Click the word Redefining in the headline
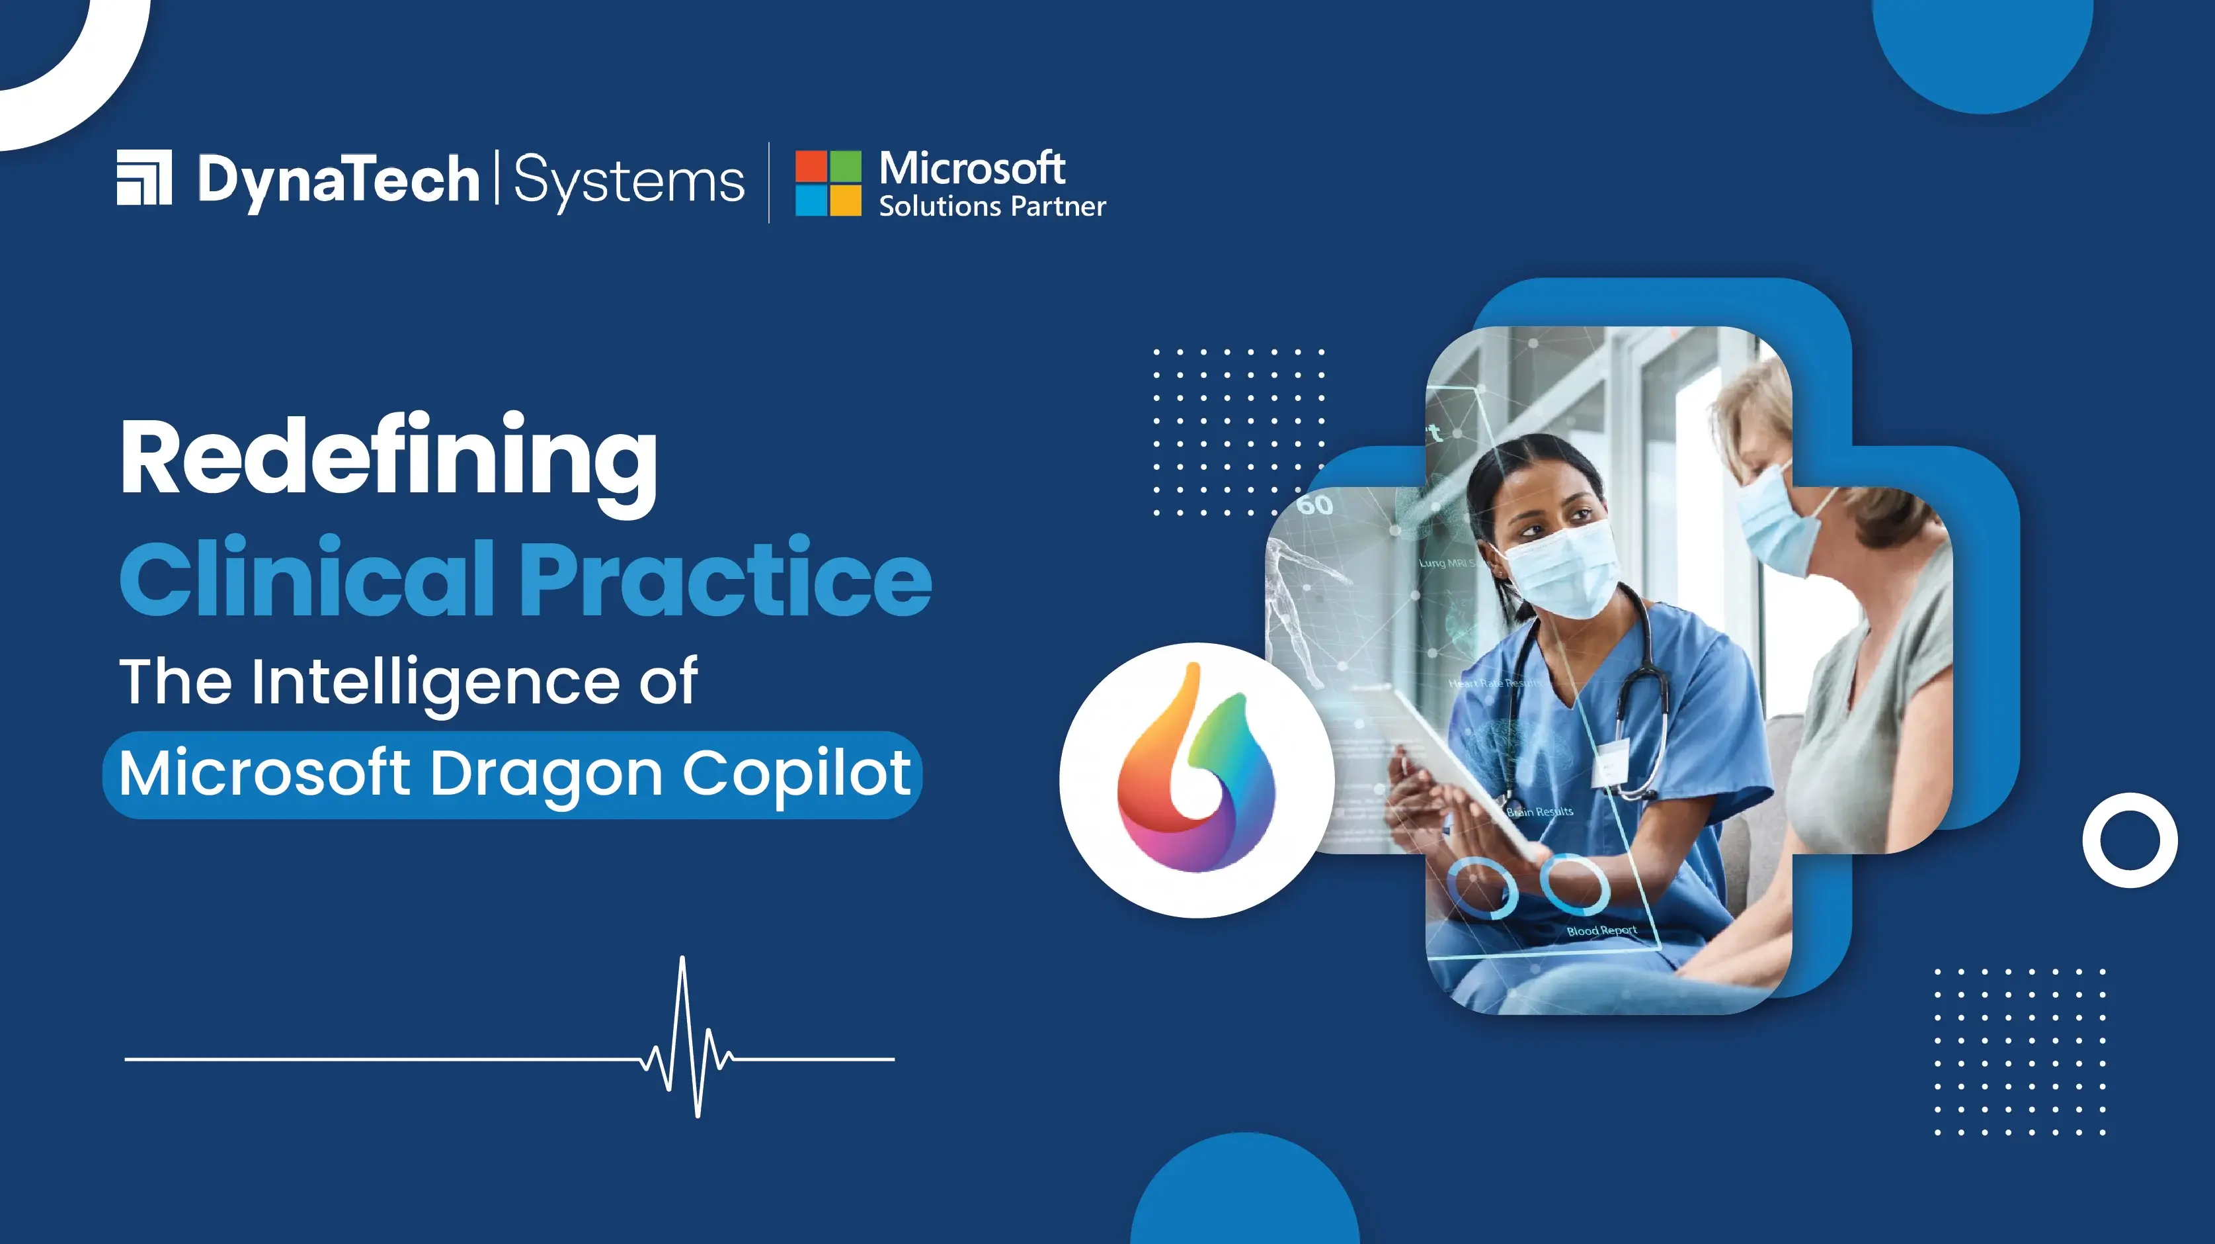click(389, 458)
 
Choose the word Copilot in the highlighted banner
click(796, 774)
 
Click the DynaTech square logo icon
click(144, 178)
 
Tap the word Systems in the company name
click(629, 181)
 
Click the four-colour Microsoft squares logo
click(827, 183)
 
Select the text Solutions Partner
click(991, 207)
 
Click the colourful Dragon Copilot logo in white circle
click(1196, 768)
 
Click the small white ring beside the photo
click(2129, 840)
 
